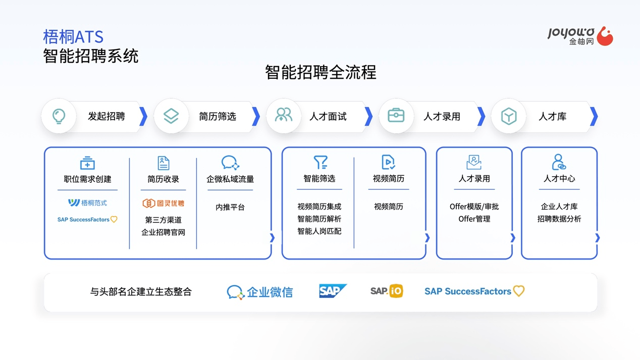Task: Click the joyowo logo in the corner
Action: point(580,36)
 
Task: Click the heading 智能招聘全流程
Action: point(321,72)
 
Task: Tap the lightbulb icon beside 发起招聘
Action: point(59,116)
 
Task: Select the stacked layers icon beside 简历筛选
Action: point(171,116)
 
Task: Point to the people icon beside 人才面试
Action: point(283,115)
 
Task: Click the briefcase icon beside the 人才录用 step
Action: point(396,116)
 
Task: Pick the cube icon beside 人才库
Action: point(509,116)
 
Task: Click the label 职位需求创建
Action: point(87,179)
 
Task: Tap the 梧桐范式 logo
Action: point(87,203)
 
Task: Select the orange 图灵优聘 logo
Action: point(164,203)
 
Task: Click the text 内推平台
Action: point(230,207)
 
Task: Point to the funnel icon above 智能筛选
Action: point(321,162)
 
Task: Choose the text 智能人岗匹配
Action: point(319,231)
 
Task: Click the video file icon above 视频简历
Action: point(388,162)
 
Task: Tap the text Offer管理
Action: point(474,219)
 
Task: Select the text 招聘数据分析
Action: point(559,219)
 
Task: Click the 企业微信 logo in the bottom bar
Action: point(260,292)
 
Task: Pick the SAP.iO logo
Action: point(387,291)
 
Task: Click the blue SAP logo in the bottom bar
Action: point(333,291)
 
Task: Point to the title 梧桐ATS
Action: point(73,37)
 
